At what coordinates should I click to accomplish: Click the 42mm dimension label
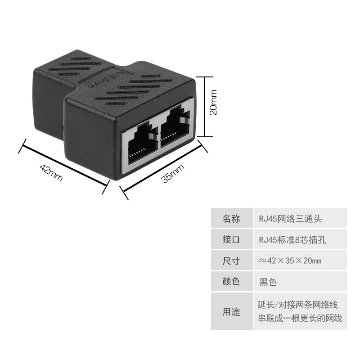51,173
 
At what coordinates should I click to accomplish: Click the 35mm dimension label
173,173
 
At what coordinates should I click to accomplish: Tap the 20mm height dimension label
213,103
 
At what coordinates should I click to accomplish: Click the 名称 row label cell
231,218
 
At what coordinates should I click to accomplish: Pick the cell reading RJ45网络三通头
290,219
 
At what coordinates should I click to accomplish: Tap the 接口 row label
231,239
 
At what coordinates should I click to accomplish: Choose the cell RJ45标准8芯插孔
292,240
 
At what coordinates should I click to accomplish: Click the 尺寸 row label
231,261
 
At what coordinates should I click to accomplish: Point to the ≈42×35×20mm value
290,261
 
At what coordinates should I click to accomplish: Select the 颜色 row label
231,281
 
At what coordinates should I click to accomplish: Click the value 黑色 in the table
268,282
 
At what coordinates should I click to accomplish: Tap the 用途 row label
231,311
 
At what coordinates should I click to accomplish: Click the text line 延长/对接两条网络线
298,305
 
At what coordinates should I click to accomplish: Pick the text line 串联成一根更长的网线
300,318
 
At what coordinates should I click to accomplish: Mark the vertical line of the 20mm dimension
204,107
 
